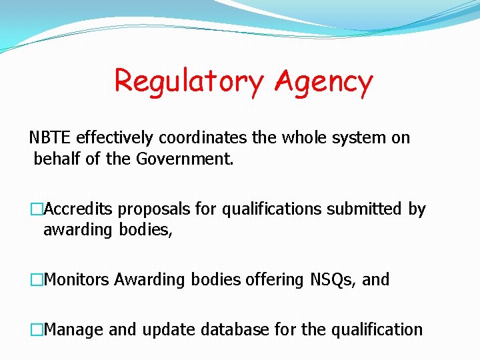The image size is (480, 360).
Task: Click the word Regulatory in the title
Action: tap(189, 82)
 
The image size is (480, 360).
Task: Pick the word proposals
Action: tap(154, 209)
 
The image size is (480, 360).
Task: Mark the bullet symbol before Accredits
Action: tap(36, 209)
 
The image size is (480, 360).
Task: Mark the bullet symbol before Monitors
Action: tap(36, 279)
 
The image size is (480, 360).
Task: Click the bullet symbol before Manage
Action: tap(36, 329)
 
